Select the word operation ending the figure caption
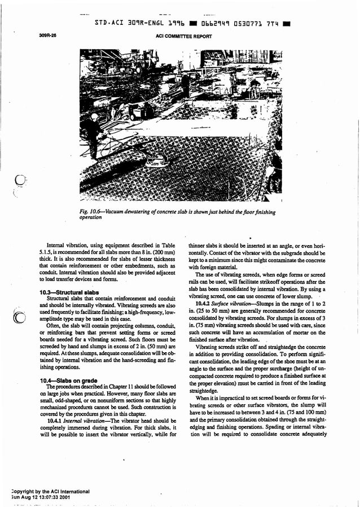91,217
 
